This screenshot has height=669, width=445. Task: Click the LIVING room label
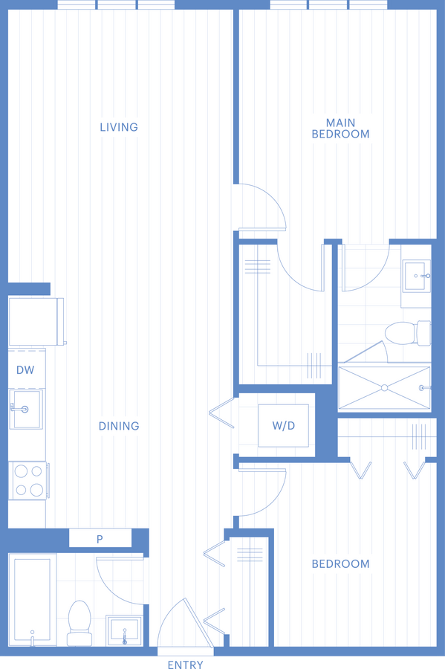tap(119, 127)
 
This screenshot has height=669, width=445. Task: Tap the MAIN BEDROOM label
tap(340, 129)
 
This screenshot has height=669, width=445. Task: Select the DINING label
tap(119, 426)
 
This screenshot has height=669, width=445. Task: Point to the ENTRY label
tap(186, 665)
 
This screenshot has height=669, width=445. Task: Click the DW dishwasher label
tap(25, 370)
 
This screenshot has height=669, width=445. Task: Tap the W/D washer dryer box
tap(284, 425)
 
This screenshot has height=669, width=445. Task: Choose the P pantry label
tap(100, 539)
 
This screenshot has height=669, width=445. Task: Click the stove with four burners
tap(29, 480)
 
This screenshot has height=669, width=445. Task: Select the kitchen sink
tap(26, 409)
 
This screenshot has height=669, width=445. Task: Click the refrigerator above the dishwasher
tap(36, 322)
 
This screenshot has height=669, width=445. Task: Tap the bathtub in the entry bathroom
tap(33, 599)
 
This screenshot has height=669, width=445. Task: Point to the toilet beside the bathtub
tap(79, 623)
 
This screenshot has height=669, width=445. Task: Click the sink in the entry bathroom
tap(124, 630)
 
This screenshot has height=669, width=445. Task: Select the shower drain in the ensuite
tap(385, 388)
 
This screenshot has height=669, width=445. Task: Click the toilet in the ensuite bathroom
tap(408, 333)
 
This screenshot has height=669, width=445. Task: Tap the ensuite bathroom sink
tap(416, 276)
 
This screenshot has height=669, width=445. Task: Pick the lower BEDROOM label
tap(340, 564)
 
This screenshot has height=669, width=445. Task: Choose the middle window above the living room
tap(116, 4)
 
